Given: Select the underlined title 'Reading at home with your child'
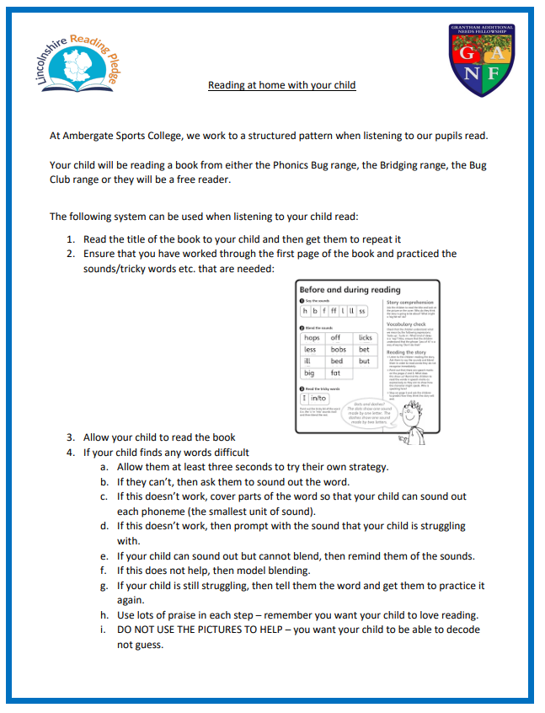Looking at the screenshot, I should click(x=281, y=85).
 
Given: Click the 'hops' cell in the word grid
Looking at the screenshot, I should click(x=312, y=337).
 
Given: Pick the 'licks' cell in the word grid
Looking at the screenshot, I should click(x=365, y=337).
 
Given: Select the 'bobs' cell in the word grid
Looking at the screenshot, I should click(x=338, y=349).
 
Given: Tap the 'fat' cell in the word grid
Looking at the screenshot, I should click(x=335, y=372).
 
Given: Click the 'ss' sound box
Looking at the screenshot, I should click(x=362, y=311).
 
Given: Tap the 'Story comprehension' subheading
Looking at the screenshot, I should click(x=410, y=302).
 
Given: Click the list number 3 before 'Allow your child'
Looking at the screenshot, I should click(x=71, y=437).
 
